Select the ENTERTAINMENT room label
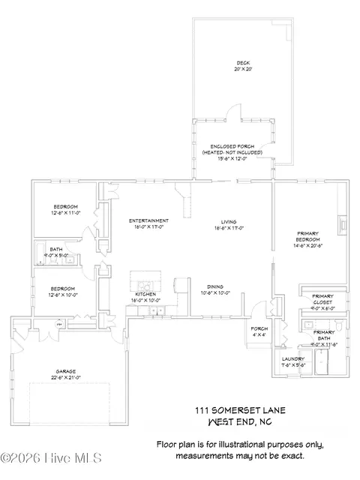pyautogui.click(x=148, y=220)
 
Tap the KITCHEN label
pyautogui.click(x=145, y=294)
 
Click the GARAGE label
pyautogui.click(x=66, y=370)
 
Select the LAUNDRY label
pyautogui.click(x=293, y=359)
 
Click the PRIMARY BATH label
pyautogui.click(x=324, y=334)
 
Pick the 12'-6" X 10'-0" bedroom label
pyautogui.click(x=62, y=289)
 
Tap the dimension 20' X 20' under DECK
pyautogui.click(x=241, y=69)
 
